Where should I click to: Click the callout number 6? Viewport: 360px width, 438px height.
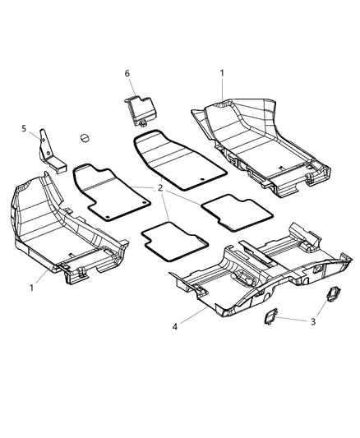[127, 74]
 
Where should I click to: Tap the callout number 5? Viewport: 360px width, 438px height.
[25, 128]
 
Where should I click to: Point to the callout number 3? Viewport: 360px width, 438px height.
[314, 321]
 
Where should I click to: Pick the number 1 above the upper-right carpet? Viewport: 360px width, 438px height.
[222, 73]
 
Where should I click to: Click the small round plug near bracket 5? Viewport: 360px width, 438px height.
[85, 137]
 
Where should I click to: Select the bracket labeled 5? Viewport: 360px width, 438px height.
[51, 153]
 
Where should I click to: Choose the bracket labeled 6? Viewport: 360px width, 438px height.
[141, 108]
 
